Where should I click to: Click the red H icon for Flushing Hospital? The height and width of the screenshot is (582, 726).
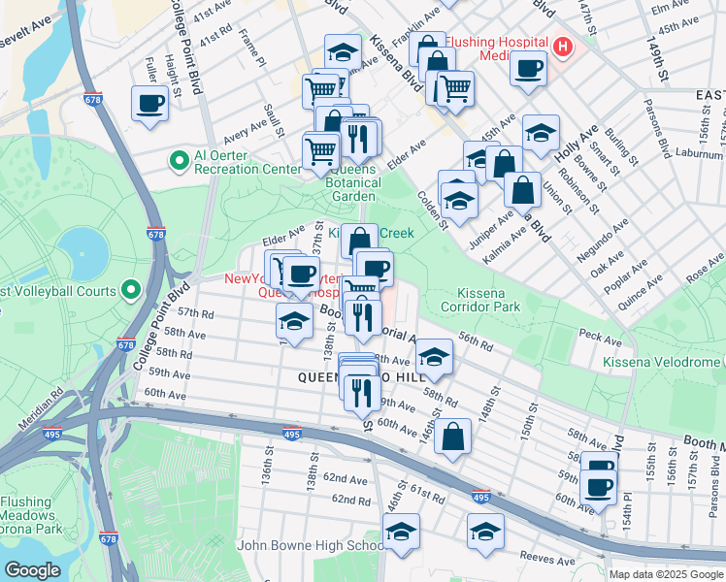click(x=562, y=46)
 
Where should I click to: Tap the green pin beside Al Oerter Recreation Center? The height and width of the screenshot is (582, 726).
click(x=178, y=159)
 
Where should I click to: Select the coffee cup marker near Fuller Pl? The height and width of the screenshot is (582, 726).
click(x=149, y=103)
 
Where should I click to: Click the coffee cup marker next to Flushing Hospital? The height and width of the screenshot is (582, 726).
click(x=528, y=69)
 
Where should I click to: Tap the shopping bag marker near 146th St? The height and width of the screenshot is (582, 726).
click(x=452, y=436)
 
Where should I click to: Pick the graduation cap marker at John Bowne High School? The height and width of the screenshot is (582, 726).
click(x=401, y=532)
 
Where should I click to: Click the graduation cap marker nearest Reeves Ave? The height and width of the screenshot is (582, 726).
click(x=485, y=532)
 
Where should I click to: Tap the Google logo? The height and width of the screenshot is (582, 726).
click(x=32, y=570)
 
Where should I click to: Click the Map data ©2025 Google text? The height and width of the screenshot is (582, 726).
click(x=665, y=574)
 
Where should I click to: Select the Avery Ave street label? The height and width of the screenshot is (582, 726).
click(x=244, y=127)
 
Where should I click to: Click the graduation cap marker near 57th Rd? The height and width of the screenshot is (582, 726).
click(x=294, y=319)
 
